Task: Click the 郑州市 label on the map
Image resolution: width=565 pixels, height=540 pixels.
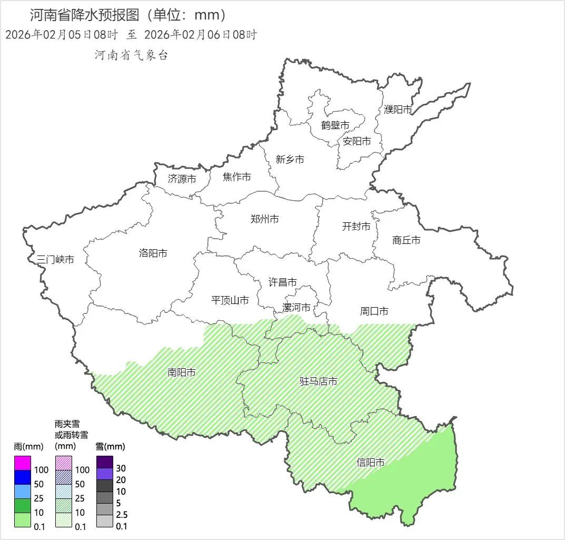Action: [x=265, y=219]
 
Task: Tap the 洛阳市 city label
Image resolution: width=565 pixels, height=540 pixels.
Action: [x=153, y=253]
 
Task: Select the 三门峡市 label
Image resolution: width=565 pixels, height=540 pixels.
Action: [x=55, y=259]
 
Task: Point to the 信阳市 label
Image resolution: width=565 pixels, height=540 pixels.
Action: [x=371, y=463]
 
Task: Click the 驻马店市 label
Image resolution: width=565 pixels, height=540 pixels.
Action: [x=319, y=381]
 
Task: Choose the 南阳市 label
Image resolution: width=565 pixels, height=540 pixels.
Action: [x=182, y=372]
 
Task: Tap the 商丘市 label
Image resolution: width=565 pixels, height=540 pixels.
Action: [x=407, y=240]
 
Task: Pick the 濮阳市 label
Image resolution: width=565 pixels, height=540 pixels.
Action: [x=398, y=110]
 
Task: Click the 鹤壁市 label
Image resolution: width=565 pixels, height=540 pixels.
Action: [x=335, y=125]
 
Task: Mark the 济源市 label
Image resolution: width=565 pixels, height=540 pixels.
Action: [x=182, y=179]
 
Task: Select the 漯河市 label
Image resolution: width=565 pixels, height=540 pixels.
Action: [x=296, y=308]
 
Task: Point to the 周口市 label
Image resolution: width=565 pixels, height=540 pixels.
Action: [x=374, y=311]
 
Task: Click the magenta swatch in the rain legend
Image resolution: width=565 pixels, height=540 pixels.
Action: [x=23, y=463]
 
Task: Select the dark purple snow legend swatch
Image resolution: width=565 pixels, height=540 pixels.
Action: [x=105, y=462]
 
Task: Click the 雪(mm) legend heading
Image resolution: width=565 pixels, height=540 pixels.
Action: [x=111, y=447]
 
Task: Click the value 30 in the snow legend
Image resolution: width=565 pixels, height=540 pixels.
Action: [x=121, y=468]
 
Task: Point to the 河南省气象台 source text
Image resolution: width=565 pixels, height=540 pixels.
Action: [x=131, y=55]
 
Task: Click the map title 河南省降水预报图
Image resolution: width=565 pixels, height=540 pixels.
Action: [x=87, y=14]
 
